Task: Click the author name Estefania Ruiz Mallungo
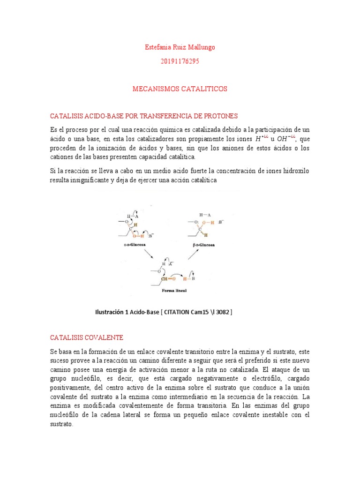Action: (180, 47)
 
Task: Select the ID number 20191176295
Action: (180, 61)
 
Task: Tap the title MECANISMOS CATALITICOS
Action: (180, 89)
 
